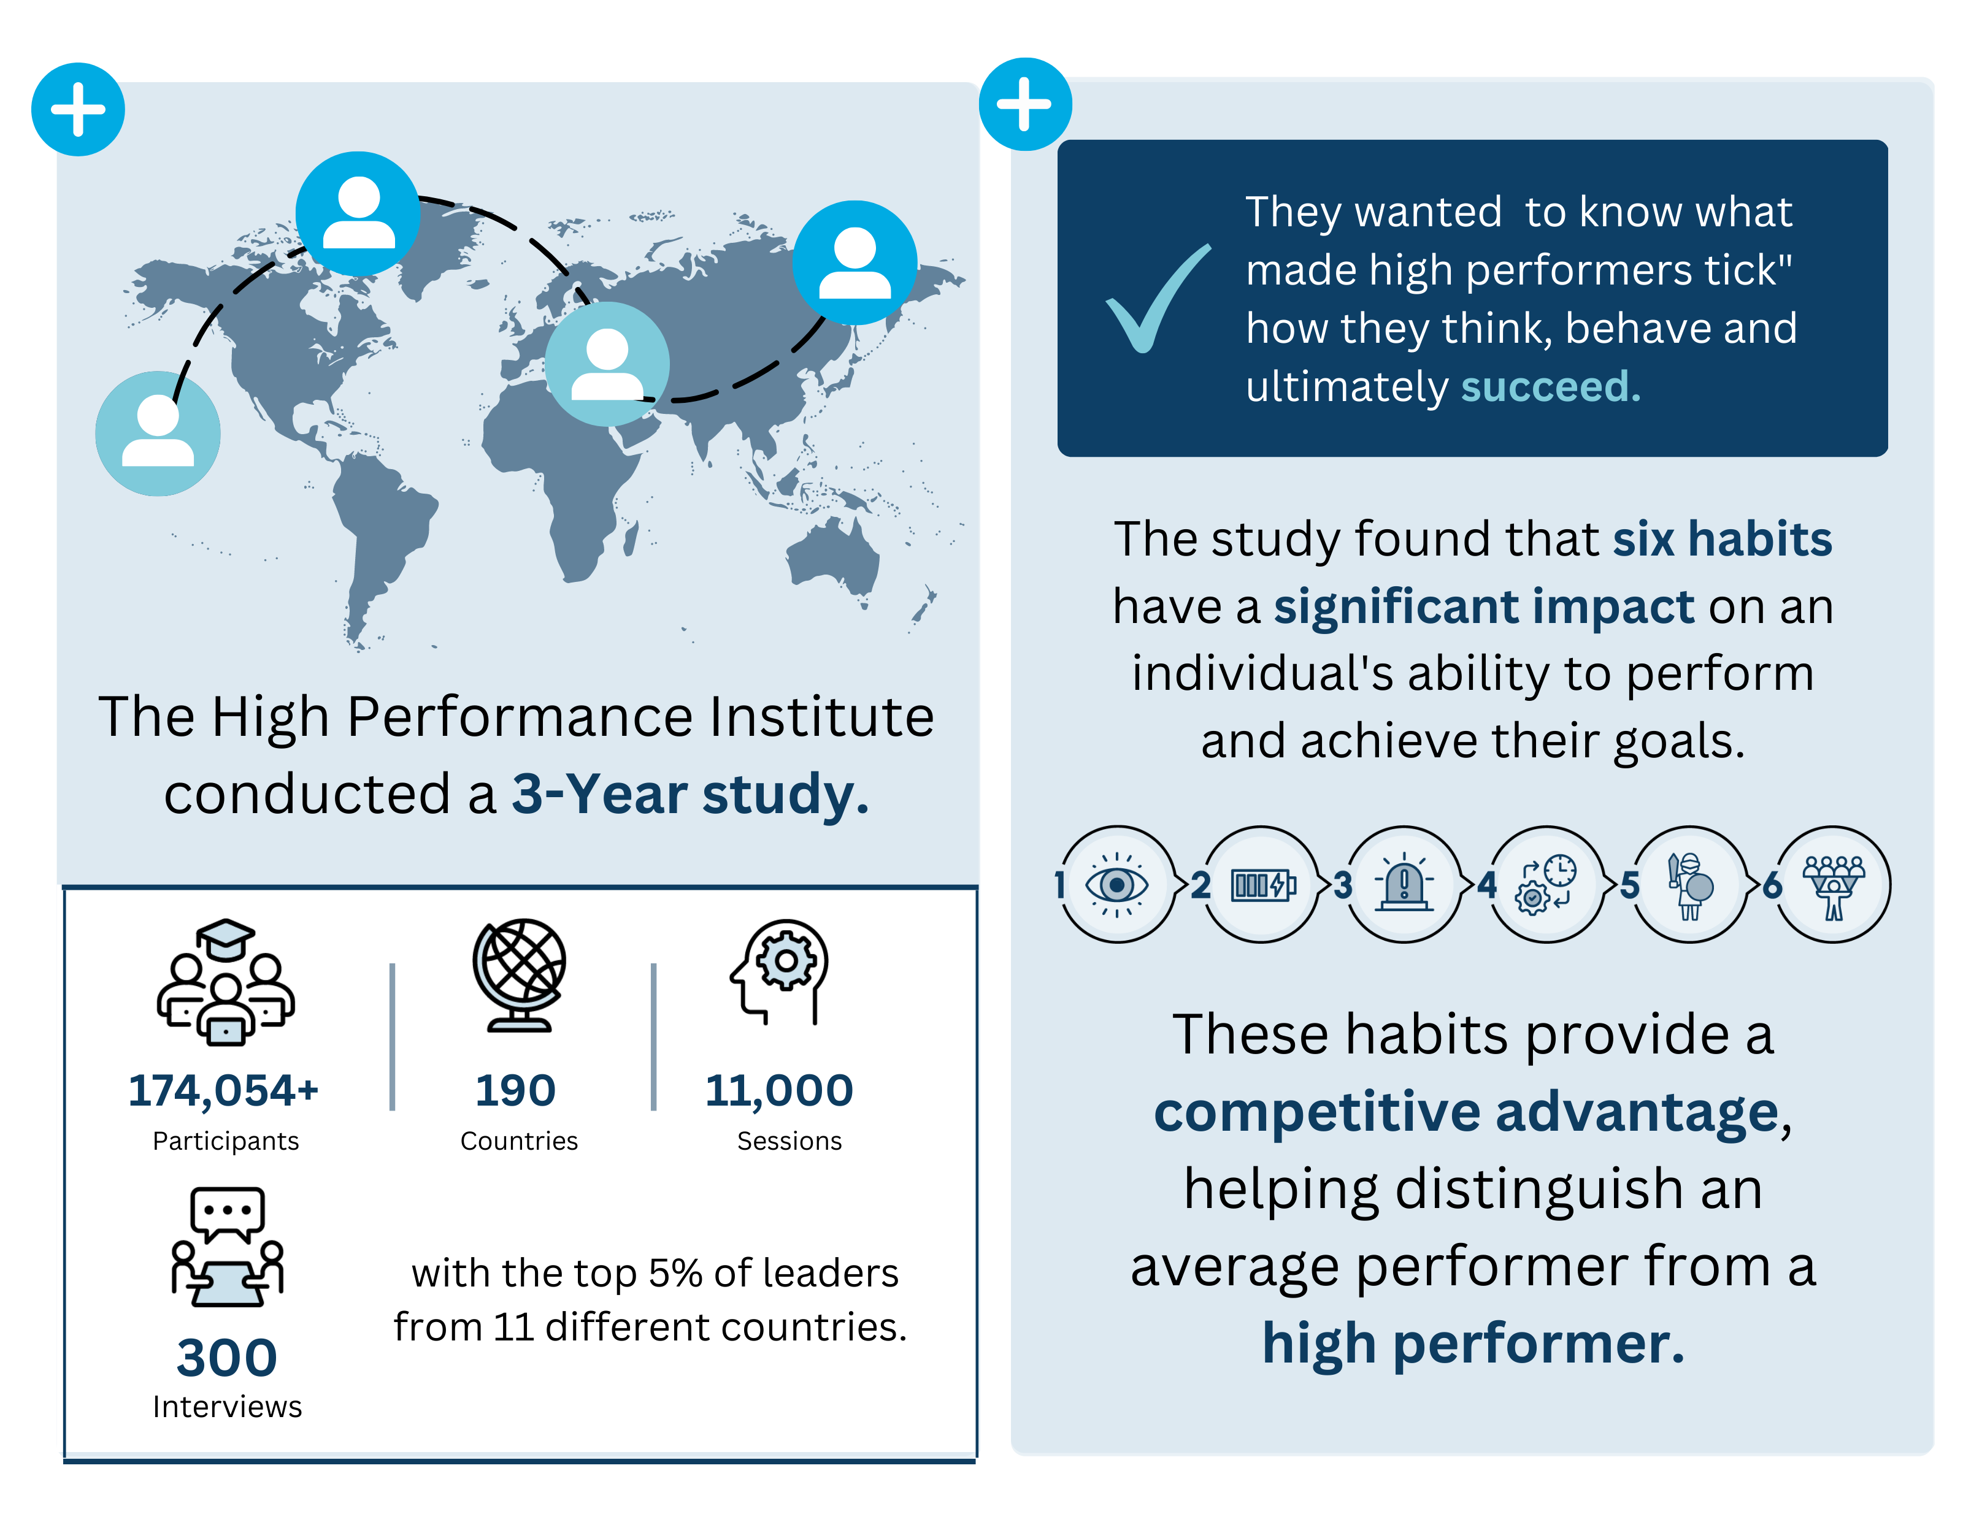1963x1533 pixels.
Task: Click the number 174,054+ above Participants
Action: (223, 1090)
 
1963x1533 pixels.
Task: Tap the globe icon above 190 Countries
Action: (520, 975)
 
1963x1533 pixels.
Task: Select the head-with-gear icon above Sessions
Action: (780, 971)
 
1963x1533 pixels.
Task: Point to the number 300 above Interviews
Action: (226, 1357)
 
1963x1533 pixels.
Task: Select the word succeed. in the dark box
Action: (1550, 386)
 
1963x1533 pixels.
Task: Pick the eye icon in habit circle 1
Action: (1116, 885)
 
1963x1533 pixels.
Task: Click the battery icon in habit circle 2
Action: (1262, 885)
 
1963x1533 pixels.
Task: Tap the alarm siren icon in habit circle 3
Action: (1404, 885)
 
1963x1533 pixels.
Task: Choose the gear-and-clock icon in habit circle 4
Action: (1546, 885)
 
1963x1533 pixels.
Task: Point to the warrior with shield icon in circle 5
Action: (1690, 885)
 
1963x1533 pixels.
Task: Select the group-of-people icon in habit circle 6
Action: (1834, 885)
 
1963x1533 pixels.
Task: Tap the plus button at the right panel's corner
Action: (1024, 104)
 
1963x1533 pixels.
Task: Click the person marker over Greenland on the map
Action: (358, 214)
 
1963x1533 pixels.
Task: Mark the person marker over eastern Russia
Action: (855, 262)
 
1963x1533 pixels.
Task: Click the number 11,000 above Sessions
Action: (779, 1090)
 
